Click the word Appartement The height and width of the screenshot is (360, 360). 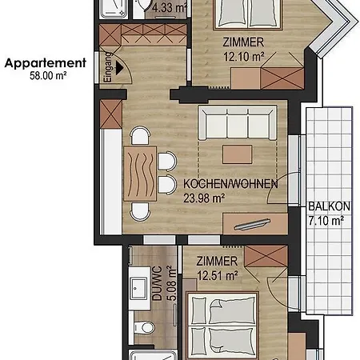46,62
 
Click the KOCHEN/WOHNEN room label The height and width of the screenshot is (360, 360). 230,184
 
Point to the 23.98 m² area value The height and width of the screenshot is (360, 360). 205,198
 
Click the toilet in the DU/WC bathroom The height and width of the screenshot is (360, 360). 143,329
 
